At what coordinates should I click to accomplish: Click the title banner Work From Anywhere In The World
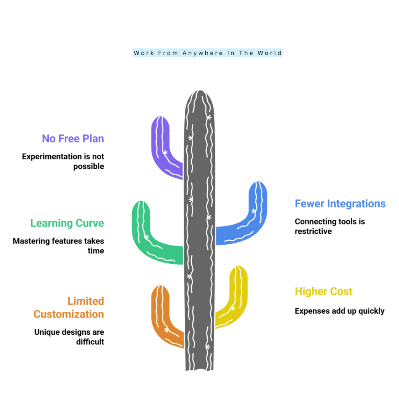pos(208,53)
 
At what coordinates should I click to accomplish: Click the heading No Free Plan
pos(73,139)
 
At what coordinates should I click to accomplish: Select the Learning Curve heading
pos(67,223)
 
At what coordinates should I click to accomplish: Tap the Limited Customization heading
pos(69,308)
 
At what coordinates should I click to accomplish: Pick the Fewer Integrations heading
pos(340,203)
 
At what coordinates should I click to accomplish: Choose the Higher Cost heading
pos(324,291)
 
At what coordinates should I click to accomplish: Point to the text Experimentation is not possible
pos(63,161)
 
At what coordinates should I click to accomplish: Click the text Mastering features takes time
pos(58,246)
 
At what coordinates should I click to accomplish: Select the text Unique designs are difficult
pos(69,337)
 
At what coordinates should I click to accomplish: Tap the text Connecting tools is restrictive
pos(330,226)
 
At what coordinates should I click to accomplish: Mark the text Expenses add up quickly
pos(340,311)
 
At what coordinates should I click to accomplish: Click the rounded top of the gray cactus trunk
pos(199,95)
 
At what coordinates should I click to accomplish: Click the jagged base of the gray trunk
pos(199,369)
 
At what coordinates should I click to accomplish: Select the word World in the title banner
pos(270,53)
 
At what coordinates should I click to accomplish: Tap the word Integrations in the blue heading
pos(356,203)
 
